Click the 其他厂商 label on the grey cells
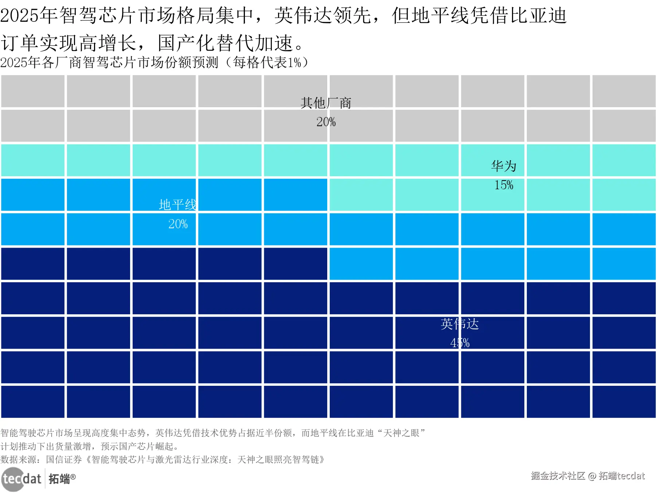(326, 103)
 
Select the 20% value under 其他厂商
(326, 122)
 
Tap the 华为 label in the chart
(504, 166)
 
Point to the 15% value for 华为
(504, 185)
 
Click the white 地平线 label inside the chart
(178, 205)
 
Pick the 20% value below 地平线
(178, 224)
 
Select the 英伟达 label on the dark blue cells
(459, 324)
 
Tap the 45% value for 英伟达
(459, 343)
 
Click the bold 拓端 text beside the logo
(59, 479)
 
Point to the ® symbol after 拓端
(73, 477)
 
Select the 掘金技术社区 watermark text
(558, 476)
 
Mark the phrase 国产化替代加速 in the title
(226, 43)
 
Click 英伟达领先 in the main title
(322, 16)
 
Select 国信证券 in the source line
(64, 459)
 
